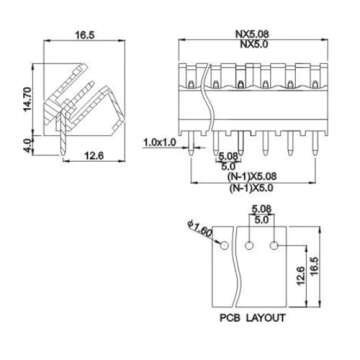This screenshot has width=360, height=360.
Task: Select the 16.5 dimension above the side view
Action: pos(85,35)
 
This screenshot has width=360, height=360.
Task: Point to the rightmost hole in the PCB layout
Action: pos(277,243)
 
